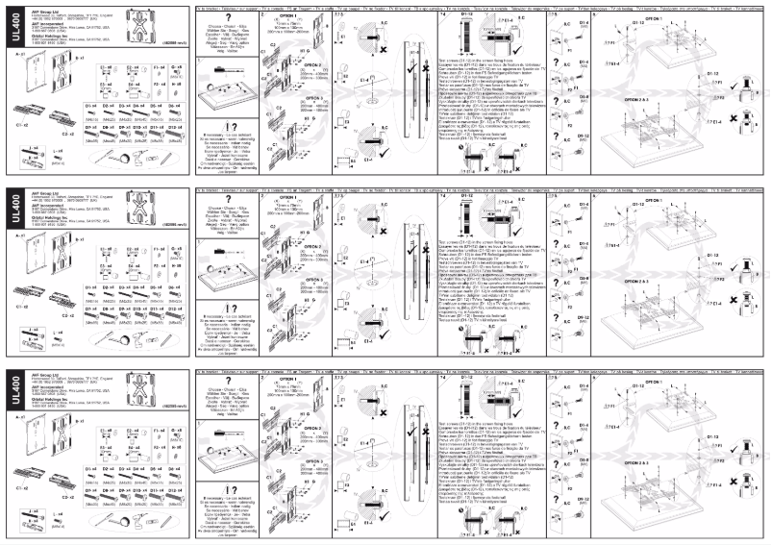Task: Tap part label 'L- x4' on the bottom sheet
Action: click(34, 513)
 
